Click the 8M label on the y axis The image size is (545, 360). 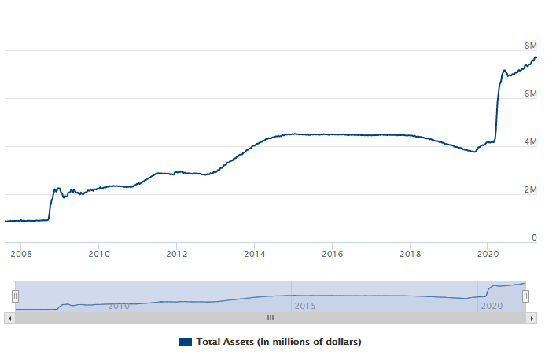[x=531, y=46]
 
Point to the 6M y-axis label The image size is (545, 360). [x=531, y=94]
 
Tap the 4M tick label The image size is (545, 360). [x=531, y=141]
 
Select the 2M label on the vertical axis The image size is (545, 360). [x=531, y=189]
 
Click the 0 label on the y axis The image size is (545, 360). [x=534, y=237]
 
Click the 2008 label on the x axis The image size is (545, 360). [x=20, y=254]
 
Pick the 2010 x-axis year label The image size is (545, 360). [x=98, y=254]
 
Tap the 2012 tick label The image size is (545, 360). [x=176, y=254]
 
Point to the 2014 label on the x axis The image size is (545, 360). [x=254, y=254]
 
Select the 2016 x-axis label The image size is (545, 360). [x=333, y=254]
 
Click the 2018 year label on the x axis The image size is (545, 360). [x=411, y=254]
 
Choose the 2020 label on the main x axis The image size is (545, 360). [x=488, y=254]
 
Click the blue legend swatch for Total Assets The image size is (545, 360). [x=186, y=342]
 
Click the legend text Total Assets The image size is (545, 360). [x=278, y=342]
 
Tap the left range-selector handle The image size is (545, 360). [x=15, y=296]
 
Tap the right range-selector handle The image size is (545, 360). [x=526, y=296]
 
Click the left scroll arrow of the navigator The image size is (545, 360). [x=9, y=318]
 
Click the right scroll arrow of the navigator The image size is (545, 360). [x=532, y=318]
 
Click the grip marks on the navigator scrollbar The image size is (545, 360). [x=270, y=318]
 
